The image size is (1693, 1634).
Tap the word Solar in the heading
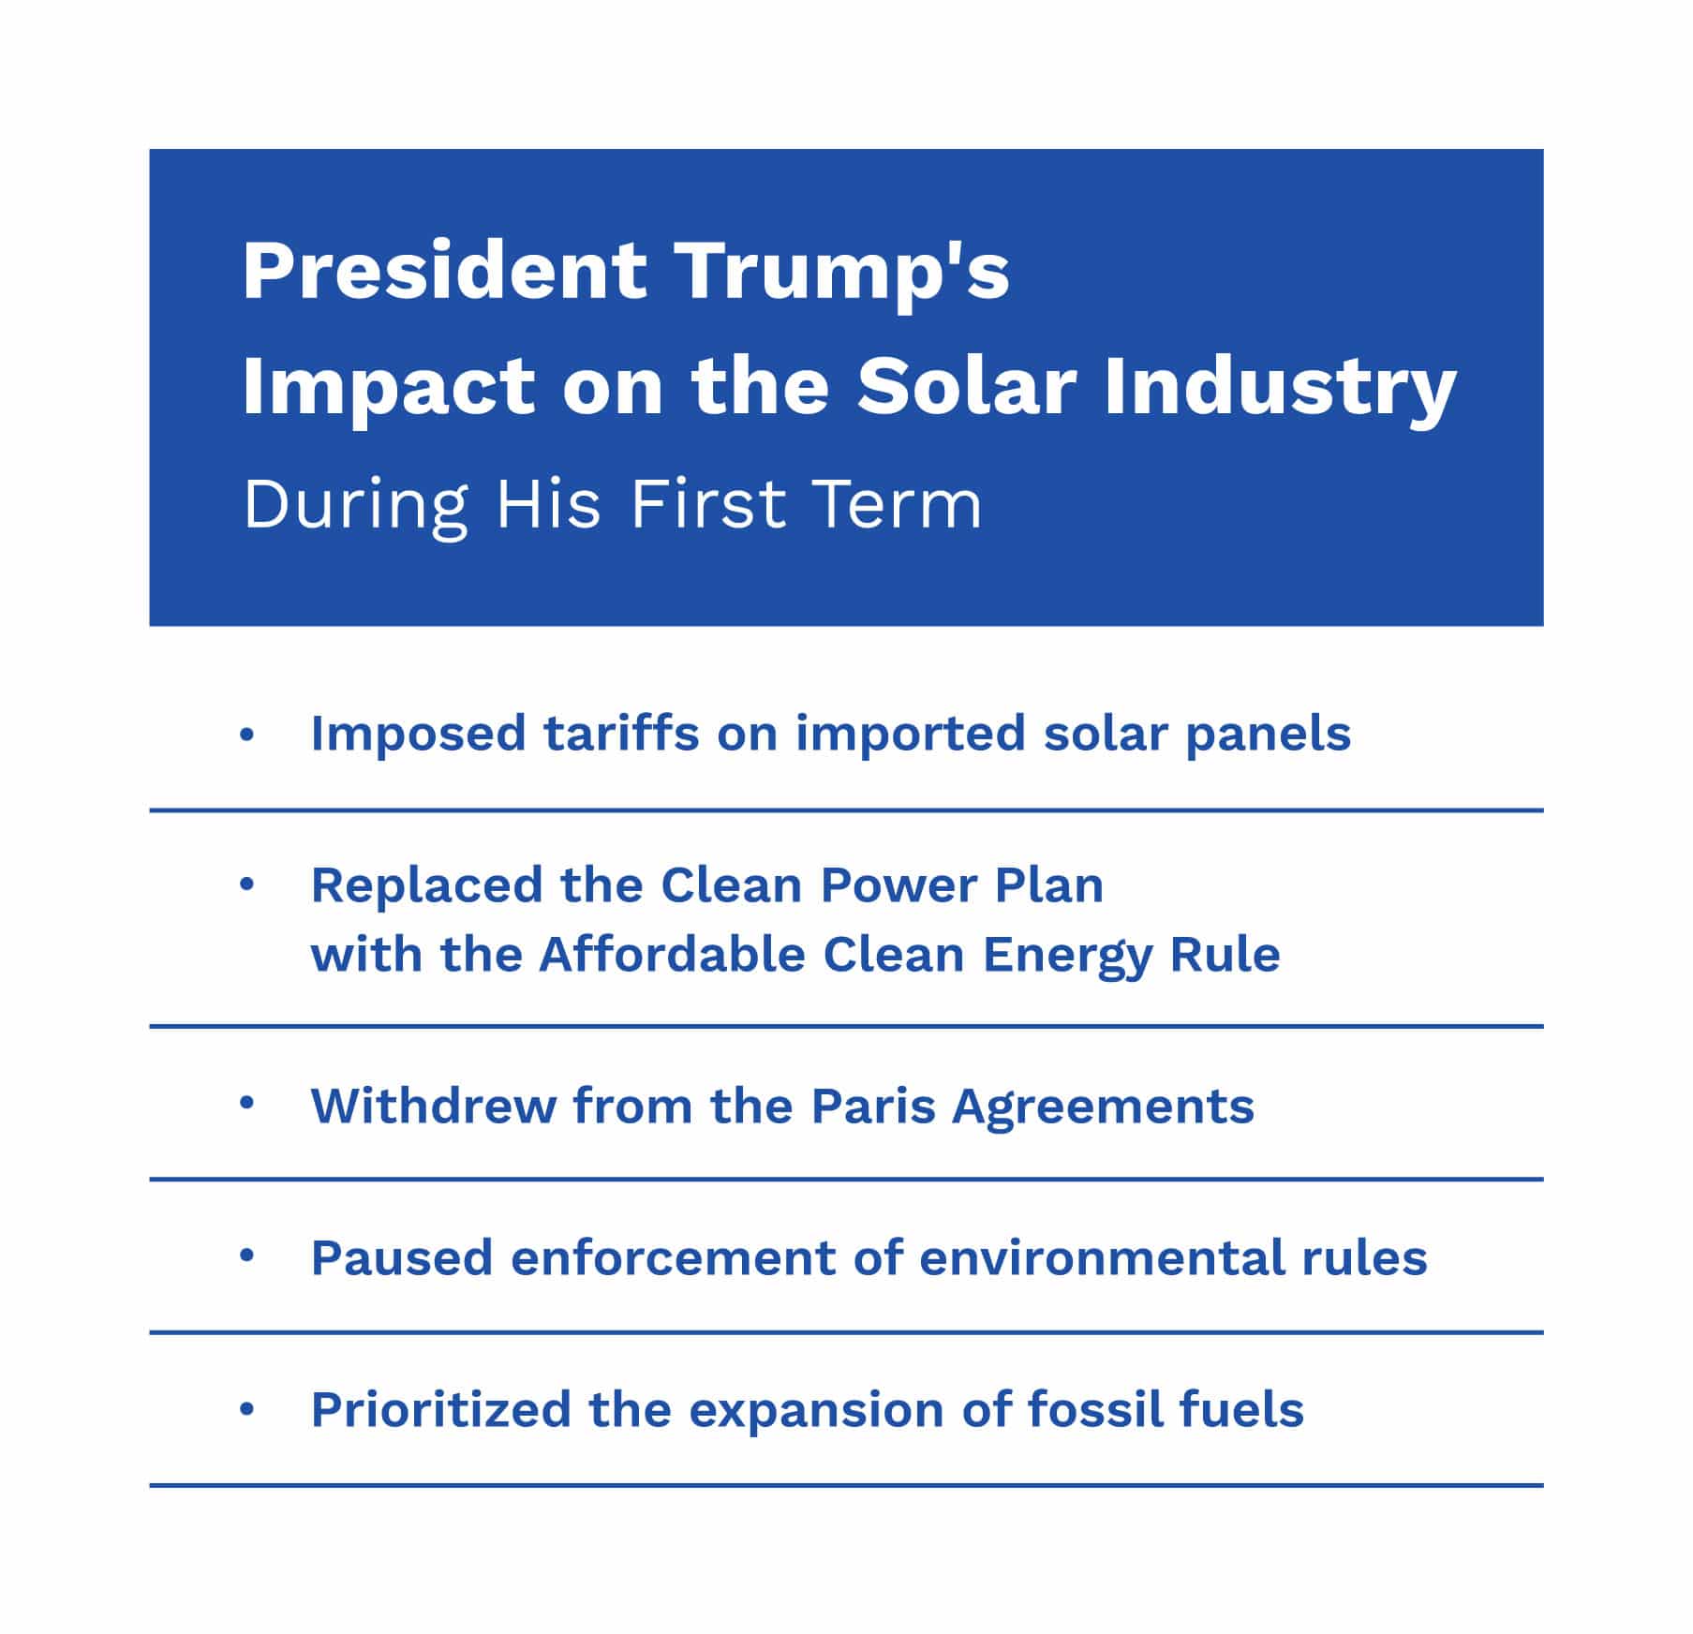pyautogui.click(x=966, y=387)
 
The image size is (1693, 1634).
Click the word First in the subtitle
pyautogui.click(x=706, y=504)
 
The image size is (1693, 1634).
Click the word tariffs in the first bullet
pyautogui.click(x=621, y=733)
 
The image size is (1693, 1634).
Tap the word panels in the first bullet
pyautogui.click(x=1268, y=735)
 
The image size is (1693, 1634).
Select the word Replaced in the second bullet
pyautogui.click(x=426, y=885)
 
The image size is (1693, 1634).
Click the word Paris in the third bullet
pyautogui.click(x=873, y=1107)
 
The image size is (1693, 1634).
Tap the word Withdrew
pyautogui.click(x=433, y=1107)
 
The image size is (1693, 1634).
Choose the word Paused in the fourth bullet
pyautogui.click(x=401, y=1258)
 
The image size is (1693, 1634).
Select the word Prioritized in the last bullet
pyautogui.click(x=440, y=1410)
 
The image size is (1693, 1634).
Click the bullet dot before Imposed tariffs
pyautogui.click(x=246, y=735)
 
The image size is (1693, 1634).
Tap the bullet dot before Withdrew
pyautogui.click(x=246, y=1104)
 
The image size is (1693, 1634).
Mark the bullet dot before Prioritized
pyautogui.click(x=246, y=1408)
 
